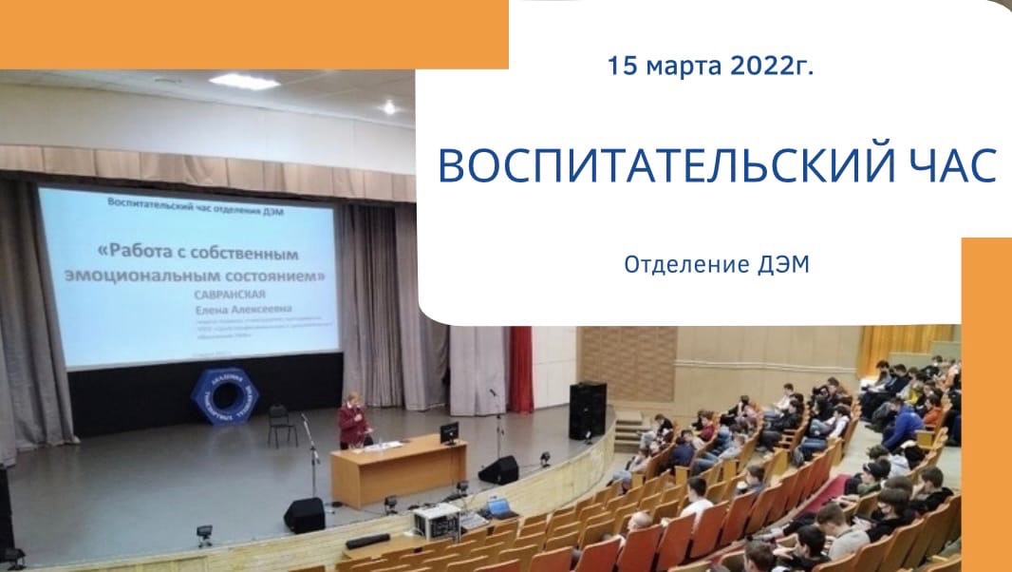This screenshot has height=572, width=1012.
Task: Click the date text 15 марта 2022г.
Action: [710, 67]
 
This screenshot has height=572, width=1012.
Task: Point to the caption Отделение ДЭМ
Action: [717, 265]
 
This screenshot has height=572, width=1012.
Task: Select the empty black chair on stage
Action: [281, 424]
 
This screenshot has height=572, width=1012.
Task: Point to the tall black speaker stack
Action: [587, 410]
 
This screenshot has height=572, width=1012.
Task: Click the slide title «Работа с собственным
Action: [197, 255]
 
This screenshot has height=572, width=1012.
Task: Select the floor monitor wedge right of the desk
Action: [498, 469]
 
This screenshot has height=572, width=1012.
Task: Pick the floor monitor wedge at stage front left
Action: [304, 514]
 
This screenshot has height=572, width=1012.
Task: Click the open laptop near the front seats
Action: [499, 506]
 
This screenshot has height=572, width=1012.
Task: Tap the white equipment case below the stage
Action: [436, 521]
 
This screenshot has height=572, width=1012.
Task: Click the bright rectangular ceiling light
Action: [243, 82]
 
